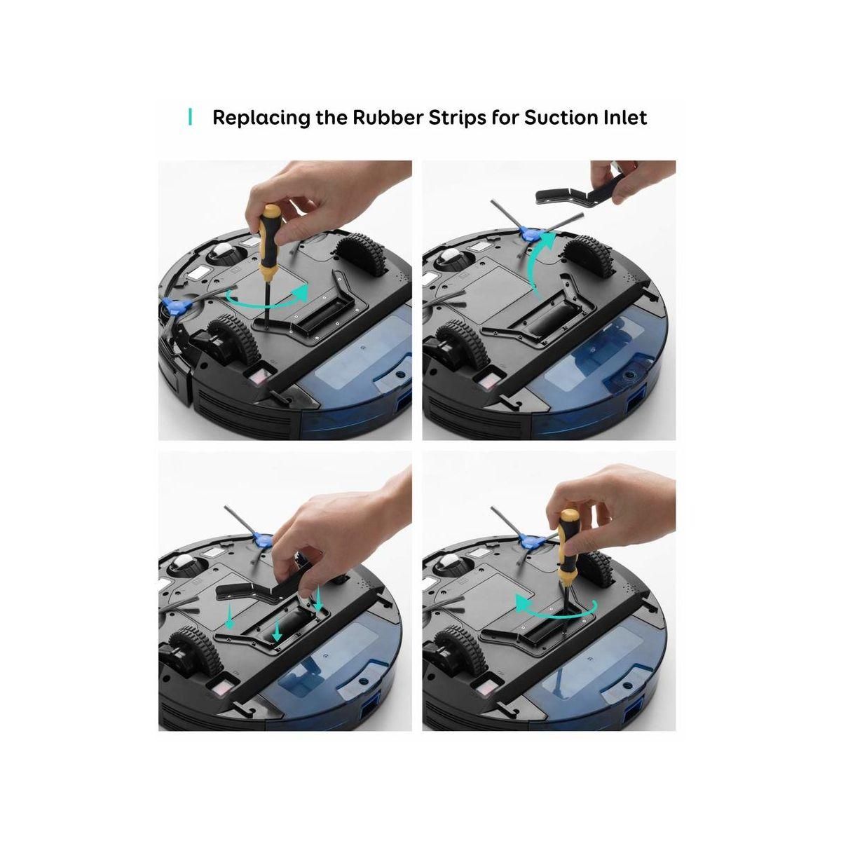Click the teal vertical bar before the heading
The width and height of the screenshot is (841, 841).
tap(190, 117)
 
